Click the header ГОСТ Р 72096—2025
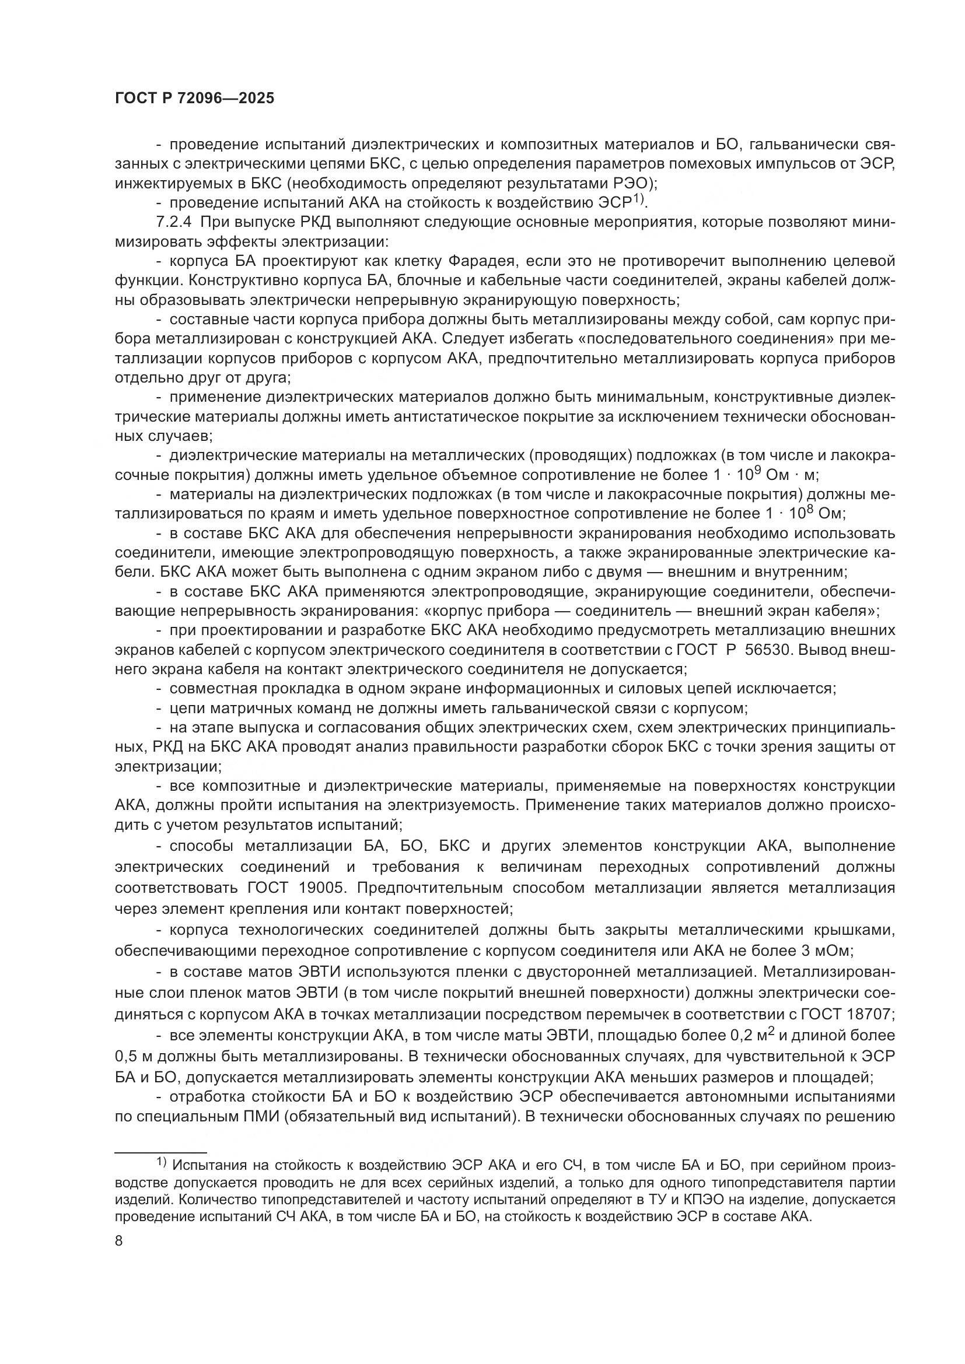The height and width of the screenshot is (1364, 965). pyautogui.click(x=194, y=99)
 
